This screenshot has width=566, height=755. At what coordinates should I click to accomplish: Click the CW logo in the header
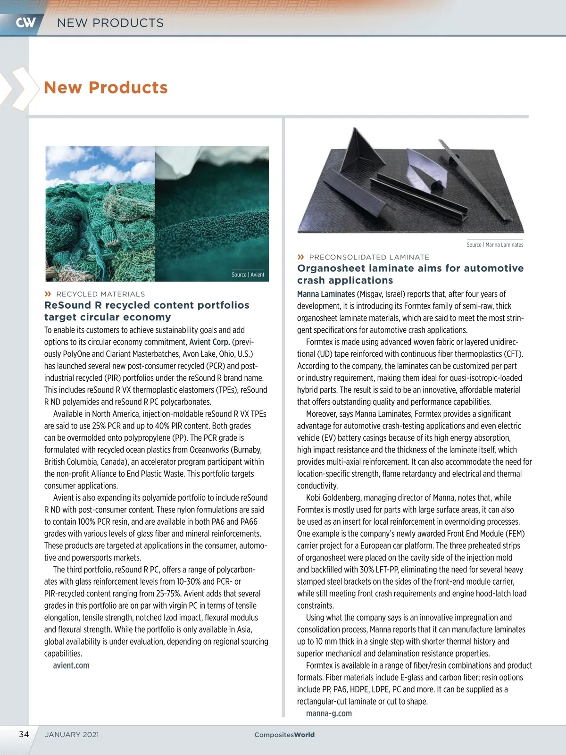click(x=25, y=22)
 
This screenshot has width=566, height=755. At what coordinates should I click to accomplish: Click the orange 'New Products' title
click(x=106, y=87)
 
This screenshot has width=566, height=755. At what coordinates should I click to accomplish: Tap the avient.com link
click(x=71, y=665)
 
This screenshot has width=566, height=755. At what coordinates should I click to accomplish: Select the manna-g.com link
click(x=329, y=713)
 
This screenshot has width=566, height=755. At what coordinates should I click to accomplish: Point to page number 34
click(x=24, y=734)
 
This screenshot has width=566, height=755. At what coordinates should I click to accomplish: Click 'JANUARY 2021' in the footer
click(x=72, y=735)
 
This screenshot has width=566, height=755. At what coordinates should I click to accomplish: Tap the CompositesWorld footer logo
click(x=284, y=735)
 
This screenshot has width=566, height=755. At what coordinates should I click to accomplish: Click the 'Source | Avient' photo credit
click(x=248, y=275)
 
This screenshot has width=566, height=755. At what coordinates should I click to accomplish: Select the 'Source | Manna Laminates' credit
click(x=495, y=244)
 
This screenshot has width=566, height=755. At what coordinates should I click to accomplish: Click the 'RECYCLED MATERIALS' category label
click(x=100, y=294)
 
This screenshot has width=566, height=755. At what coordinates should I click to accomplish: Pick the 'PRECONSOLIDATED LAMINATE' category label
click(x=369, y=257)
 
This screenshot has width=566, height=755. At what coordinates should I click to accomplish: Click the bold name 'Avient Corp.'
click(x=209, y=342)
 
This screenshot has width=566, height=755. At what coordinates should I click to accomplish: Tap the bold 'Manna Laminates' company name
click(x=326, y=294)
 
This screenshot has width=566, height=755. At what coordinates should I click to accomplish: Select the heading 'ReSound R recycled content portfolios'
click(x=147, y=305)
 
